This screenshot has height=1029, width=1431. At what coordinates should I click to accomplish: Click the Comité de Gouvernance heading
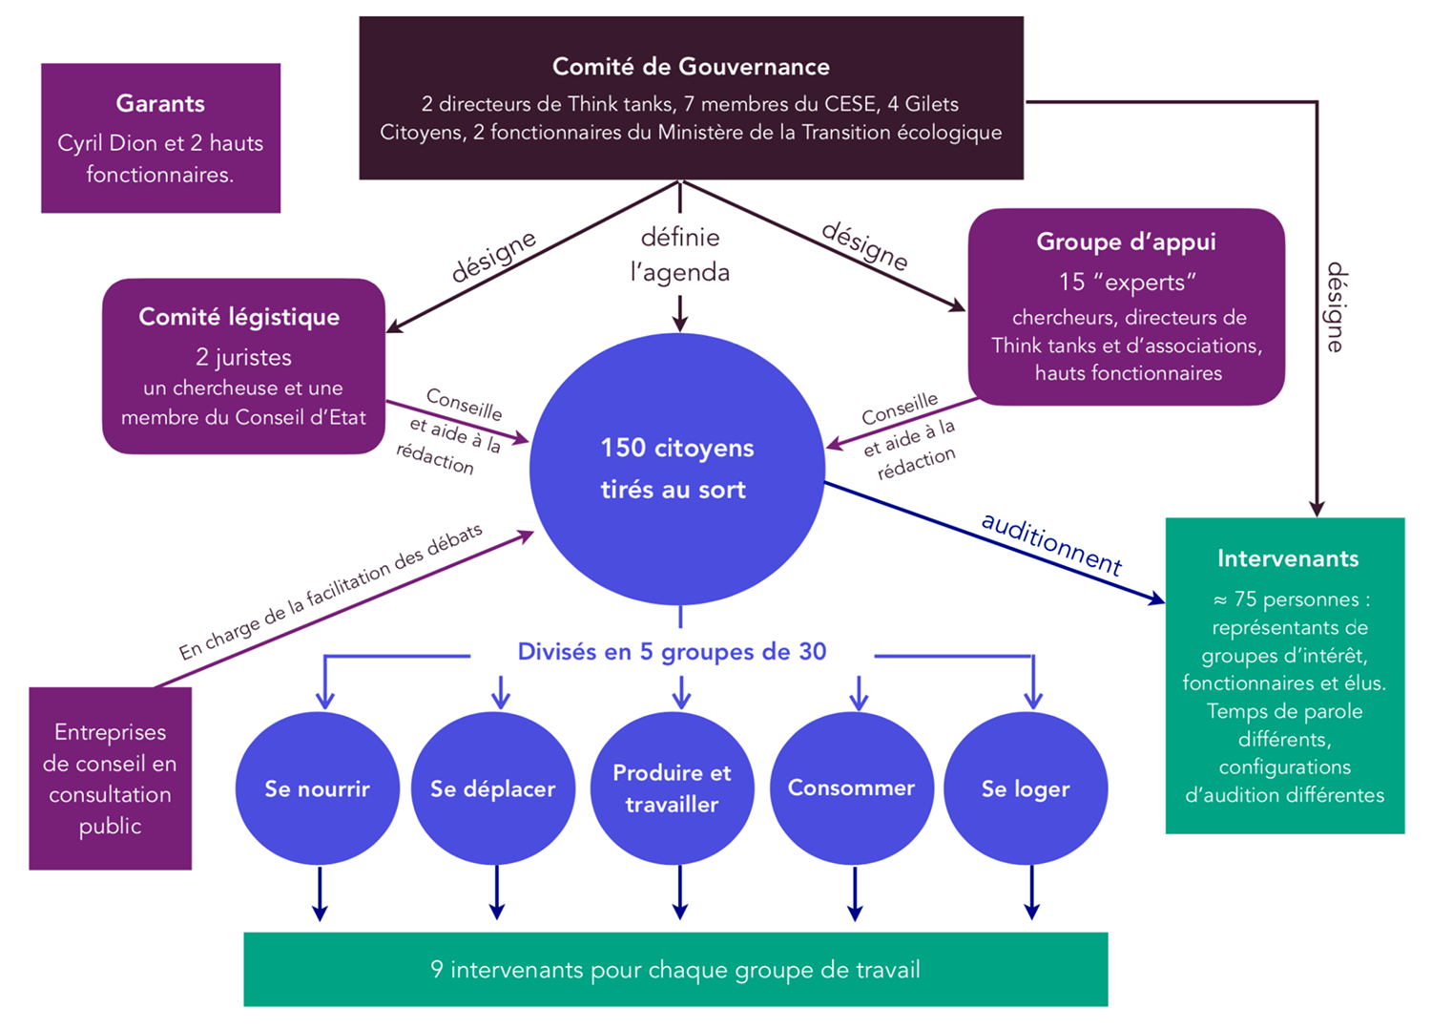(x=691, y=67)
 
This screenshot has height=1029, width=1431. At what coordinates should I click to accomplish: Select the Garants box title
(x=160, y=103)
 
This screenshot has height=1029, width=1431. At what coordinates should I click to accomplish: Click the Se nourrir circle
(x=317, y=789)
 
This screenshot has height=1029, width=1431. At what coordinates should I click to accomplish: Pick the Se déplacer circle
(x=492, y=789)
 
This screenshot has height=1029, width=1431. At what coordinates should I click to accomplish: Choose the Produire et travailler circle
(x=672, y=788)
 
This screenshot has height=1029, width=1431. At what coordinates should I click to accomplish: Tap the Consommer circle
(x=851, y=788)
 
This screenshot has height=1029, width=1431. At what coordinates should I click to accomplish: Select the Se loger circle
(x=1026, y=789)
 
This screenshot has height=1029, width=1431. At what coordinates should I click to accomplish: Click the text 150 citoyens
(x=677, y=448)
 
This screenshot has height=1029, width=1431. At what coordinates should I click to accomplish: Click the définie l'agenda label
(x=680, y=255)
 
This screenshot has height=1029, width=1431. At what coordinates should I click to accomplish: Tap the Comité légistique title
(x=239, y=317)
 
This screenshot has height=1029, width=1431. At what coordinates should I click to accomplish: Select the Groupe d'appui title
(x=1126, y=241)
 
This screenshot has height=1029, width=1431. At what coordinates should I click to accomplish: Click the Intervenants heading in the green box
(x=1287, y=558)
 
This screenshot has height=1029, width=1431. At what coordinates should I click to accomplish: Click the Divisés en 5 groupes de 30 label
(x=672, y=652)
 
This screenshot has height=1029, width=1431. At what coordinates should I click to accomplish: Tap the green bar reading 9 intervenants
(x=675, y=970)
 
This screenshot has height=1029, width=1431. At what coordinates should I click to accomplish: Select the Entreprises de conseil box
(x=111, y=779)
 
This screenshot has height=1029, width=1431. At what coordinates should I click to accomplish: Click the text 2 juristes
(x=243, y=357)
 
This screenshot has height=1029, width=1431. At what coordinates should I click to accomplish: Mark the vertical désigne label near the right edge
(x=1336, y=307)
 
